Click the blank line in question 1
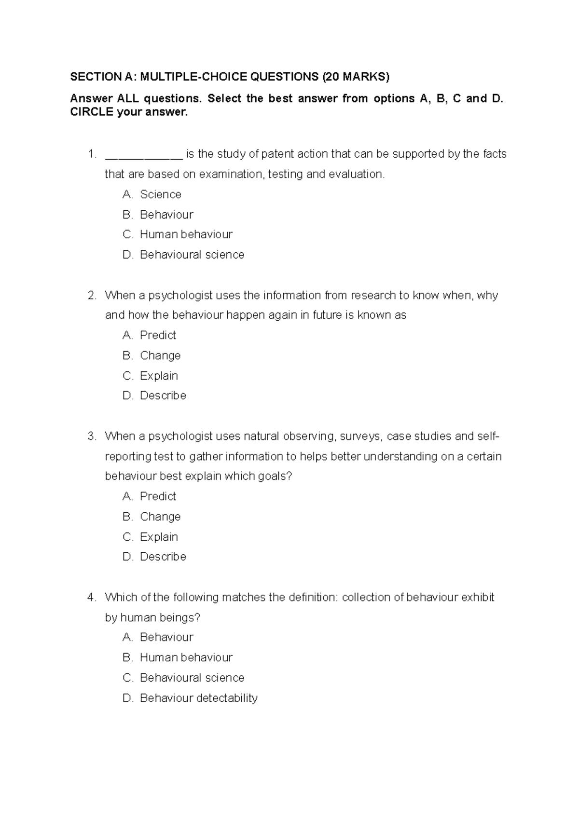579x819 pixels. click(143, 155)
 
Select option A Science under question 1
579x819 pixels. click(160, 194)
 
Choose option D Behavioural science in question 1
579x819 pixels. click(192, 255)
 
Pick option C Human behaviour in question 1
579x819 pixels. click(186, 234)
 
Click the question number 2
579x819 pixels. click(92, 295)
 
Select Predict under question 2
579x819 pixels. click(158, 335)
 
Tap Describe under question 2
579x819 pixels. click(163, 396)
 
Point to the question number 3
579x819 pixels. click(92, 437)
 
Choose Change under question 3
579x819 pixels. click(160, 517)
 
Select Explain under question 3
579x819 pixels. click(159, 537)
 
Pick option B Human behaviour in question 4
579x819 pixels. click(186, 657)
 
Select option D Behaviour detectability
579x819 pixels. click(198, 698)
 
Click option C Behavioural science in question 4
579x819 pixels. click(192, 678)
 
